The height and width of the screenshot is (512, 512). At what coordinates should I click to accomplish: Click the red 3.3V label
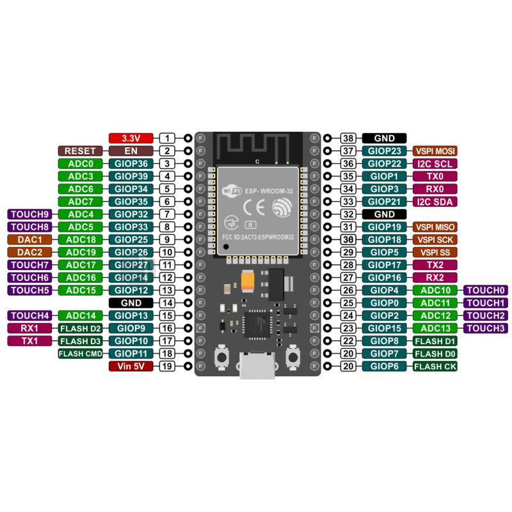click(x=131, y=138)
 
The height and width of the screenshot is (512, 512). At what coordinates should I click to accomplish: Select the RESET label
click(x=80, y=151)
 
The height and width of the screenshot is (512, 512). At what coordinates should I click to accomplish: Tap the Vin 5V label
click(x=131, y=367)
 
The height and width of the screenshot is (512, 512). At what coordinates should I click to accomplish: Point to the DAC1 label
click(x=29, y=239)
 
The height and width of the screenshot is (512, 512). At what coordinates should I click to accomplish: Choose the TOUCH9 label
click(x=29, y=214)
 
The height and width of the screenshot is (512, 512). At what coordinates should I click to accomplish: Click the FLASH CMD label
click(x=80, y=353)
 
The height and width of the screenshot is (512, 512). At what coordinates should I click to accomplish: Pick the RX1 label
click(x=29, y=328)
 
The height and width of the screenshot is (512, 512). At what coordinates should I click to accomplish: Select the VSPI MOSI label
click(x=436, y=151)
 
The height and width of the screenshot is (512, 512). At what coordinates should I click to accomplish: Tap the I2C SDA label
click(x=436, y=202)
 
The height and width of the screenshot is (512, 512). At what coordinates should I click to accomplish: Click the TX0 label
click(x=436, y=176)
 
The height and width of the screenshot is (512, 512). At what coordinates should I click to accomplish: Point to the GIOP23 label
click(x=385, y=151)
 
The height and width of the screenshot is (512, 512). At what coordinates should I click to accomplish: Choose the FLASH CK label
click(x=436, y=367)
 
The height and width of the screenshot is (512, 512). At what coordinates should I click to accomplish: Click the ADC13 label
click(x=436, y=328)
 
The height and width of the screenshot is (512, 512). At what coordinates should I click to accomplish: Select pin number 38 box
click(x=348, y=138)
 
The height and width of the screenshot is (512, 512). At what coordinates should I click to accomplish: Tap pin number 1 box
click(x=167, y=138)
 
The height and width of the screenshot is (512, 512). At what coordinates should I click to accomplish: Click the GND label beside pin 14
click(x=131, y=303)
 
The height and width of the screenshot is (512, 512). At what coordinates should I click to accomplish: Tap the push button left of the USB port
click(x=221, y=356)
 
